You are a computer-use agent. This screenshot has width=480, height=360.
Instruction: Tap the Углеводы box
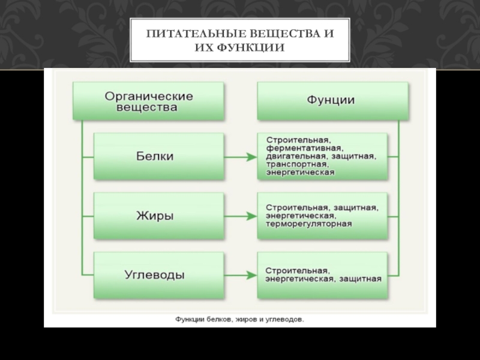[x=154, y=275]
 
